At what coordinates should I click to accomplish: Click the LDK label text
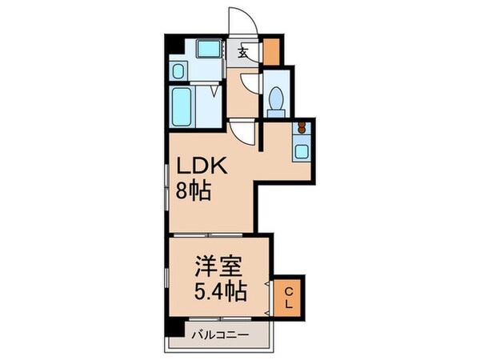pyautogui.click(x=202, y=166)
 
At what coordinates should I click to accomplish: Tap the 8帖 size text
pyautogui.click(x=194, y=192)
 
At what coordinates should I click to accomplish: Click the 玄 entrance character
pyautogui.click(x=243, y=54)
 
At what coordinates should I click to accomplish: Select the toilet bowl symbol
pyautogui.click(x=276, y=100)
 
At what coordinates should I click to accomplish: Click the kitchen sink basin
pyautogui.click(x=303, y=149)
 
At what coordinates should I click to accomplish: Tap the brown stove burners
pyautogui.click(x=303, y=127)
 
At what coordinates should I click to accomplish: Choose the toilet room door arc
pyautogui.click(x=252, y=84)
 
